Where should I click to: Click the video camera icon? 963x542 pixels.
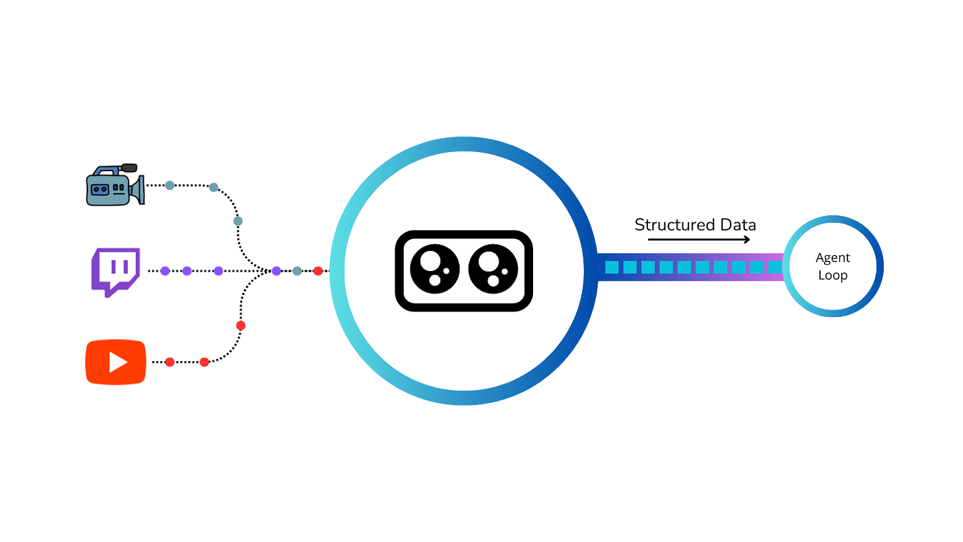(114, 186)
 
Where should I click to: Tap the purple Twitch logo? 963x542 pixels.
(116, 270)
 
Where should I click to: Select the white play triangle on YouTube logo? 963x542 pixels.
(118, 362)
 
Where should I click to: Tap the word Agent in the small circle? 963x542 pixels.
(833, 259)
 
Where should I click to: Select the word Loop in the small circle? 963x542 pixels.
(833, 275)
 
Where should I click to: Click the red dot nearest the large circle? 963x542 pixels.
(318, 271)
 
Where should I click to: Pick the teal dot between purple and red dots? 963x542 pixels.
(296, 271)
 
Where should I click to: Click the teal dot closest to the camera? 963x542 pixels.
(169, 185)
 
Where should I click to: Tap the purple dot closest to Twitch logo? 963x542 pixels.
(165, 271)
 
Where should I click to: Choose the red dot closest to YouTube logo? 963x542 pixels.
(169, 362)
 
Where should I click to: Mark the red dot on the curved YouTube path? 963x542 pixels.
(240, 325)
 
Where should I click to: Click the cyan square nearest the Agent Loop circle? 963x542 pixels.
(774, 267)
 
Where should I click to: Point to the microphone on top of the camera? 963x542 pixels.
(128, 166)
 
